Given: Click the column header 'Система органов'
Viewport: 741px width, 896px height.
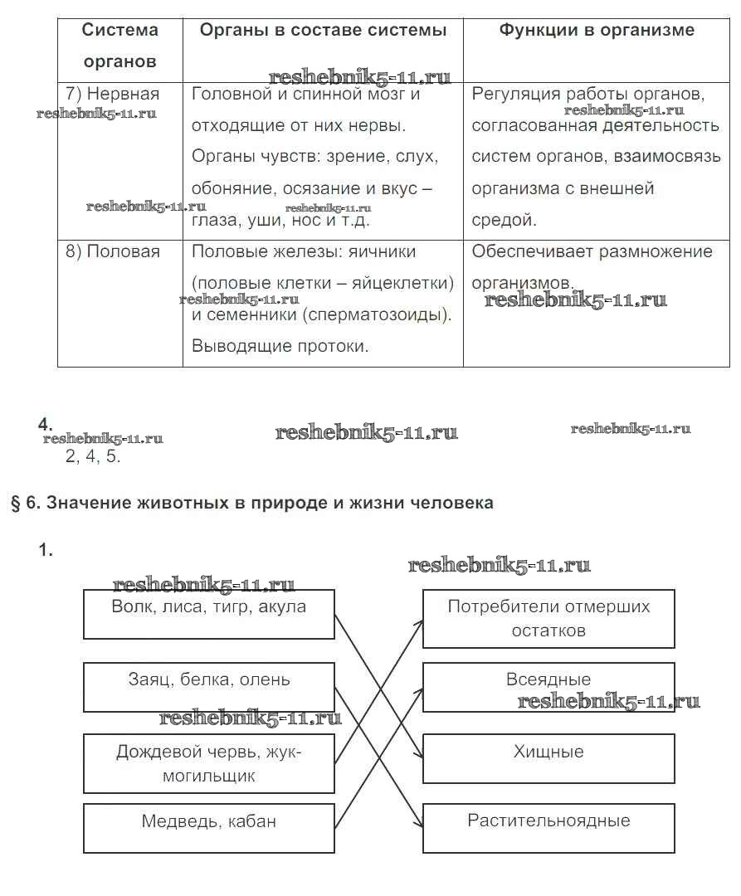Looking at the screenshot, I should [x=119, y=46].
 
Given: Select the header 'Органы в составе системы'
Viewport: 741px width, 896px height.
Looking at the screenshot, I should [x=323, y=31].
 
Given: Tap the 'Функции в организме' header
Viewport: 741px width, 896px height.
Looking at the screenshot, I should [x=596, y=31].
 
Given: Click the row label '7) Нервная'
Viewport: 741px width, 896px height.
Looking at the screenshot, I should [x=113, y=94].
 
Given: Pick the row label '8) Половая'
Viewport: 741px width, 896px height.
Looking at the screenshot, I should [x=113, y=251].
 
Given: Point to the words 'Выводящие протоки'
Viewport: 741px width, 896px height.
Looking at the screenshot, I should [x=280, y=346].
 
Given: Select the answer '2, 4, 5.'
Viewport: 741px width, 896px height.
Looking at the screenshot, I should [x=93, y=456].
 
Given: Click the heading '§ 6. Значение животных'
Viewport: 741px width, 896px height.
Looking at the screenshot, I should [x=251, y=503].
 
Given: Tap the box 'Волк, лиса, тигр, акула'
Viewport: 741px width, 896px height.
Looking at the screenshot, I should [x=209, y=614].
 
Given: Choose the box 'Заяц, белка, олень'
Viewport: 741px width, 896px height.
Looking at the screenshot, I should [x=209, y=686].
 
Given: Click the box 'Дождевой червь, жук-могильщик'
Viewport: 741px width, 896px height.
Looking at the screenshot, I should [x=209, y=763].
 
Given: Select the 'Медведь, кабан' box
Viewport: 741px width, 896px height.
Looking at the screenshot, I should [x=209, y=827].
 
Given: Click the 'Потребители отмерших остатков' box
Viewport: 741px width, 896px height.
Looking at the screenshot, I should [x=548, y=618].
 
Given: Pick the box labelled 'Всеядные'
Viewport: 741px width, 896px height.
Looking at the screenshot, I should [x=548, y=686].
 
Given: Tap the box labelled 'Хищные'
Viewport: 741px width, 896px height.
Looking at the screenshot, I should [x=548, y=757].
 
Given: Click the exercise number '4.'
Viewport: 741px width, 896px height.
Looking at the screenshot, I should [x=45, y=424].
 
